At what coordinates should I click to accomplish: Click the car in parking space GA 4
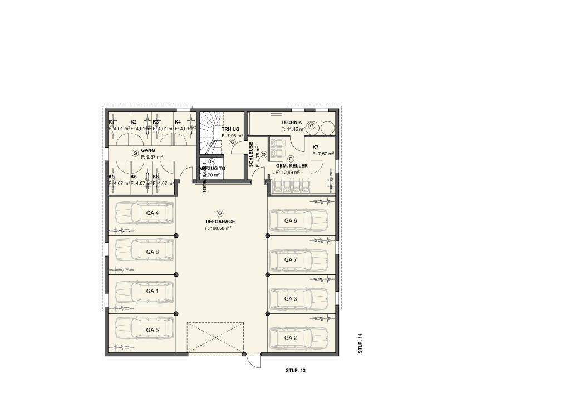[x=144, y=213]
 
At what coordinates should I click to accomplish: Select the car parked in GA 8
[x=144, y=252]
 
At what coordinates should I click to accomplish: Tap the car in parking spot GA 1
[x=144, y=291]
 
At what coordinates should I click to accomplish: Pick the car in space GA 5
[x=144, y=330]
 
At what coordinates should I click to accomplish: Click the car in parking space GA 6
[x=299, y=220]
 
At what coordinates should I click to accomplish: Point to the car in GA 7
[x=299, y=259]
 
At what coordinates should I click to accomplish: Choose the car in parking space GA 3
[x=299, y=298]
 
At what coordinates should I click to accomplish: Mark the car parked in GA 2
[x=299, y=337]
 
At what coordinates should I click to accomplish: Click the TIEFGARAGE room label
[x=220, y=221]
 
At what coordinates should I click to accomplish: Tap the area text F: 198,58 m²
[x=218, y=228]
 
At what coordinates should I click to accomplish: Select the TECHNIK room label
[x=292, y=122]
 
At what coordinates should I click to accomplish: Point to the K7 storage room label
[x=316, y=146]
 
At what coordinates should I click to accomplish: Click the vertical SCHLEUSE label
[x=252, y=154]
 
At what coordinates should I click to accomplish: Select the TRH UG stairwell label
[x=230, y=129]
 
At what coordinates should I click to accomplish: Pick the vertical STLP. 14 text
[x=360, y=343]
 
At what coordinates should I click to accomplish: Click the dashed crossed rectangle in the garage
[x=215, y=337]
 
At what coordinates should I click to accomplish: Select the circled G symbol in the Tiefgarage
[x=220, y=213]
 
